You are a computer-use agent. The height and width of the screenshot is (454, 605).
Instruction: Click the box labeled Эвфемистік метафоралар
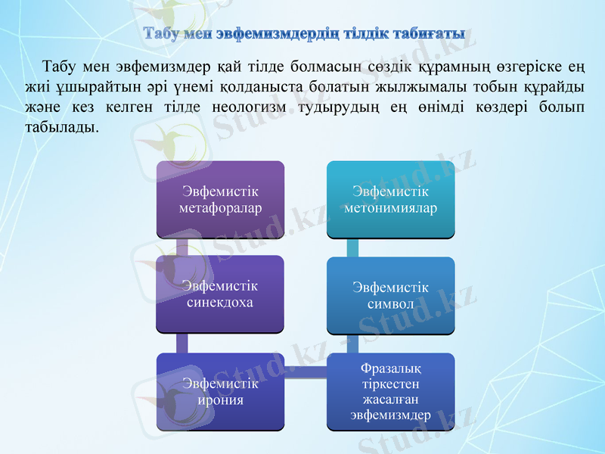220,200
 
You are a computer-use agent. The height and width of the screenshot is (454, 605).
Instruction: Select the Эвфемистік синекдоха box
220,294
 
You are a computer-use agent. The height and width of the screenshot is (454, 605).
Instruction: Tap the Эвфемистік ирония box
220,391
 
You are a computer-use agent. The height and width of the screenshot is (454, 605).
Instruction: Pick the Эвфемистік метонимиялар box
390,198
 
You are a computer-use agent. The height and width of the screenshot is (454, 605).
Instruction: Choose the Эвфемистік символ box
390,295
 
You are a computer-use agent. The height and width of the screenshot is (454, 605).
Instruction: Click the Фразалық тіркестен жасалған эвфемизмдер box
390,391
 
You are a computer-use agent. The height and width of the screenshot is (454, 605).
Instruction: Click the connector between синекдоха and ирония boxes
182,342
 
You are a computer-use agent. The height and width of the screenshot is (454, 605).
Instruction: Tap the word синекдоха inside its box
220,302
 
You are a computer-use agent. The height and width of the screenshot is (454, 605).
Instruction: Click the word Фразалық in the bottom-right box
390,368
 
